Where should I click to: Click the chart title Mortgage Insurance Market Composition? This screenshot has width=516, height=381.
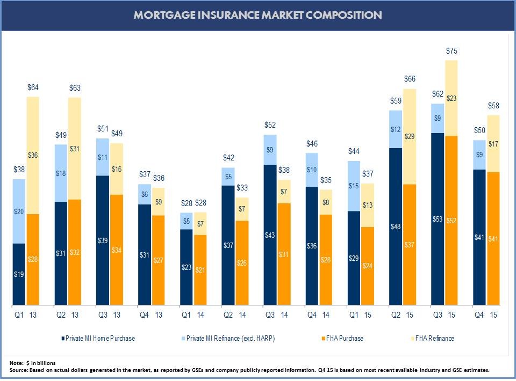pyautogui.click(x=258, y=15)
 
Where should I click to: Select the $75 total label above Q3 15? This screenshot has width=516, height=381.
pyautogui.click(x=452, y=52)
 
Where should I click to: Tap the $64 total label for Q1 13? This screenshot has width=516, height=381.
pyautogui.click(x=33, y=87)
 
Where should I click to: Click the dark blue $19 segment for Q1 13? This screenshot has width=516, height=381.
pyautogui.click(x=19, y=274)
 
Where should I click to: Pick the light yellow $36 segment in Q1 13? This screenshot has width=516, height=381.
pyautogui.click(x=33, y=156)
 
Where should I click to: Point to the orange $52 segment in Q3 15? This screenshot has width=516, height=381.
pyautogui.click(x=451, y=220)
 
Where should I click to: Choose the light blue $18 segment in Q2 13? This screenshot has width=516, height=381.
pyautogui.click(x=61, y=173)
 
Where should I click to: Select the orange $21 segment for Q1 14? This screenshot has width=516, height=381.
pyautogui.click(x=200, y=270)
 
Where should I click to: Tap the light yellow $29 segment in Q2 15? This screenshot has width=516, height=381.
pyautogui.click(x=410, y=137)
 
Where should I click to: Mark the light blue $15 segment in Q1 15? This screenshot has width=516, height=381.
pyautogui.click(x=354, y=186)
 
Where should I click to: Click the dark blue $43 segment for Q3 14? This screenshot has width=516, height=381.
pyautogui.click(x=270, y=235)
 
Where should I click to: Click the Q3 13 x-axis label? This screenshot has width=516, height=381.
pyautogui.click(x=110, y=315)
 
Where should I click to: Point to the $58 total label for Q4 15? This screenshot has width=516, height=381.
pyautogui.click(x=493, y=106)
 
